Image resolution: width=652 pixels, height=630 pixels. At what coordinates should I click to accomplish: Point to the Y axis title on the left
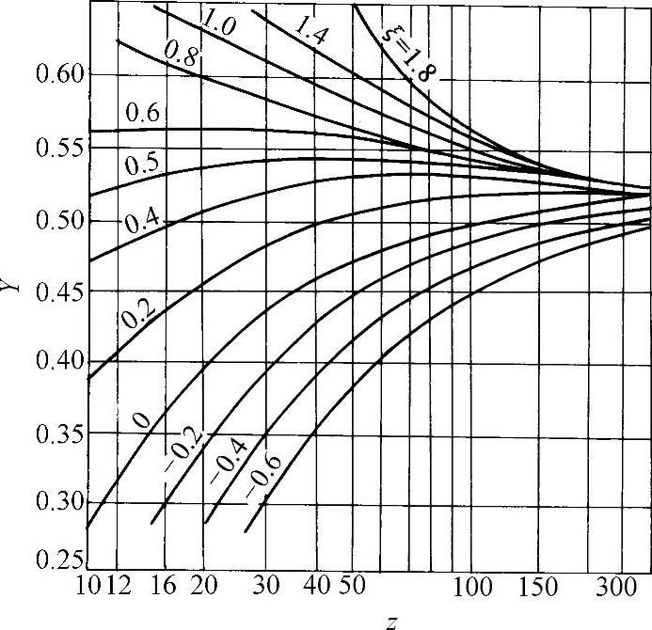click(11, 281)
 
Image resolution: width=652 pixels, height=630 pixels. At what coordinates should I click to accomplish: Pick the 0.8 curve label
click(179, 55)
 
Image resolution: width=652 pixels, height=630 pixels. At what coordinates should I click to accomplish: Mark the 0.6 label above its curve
click(143, 115)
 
